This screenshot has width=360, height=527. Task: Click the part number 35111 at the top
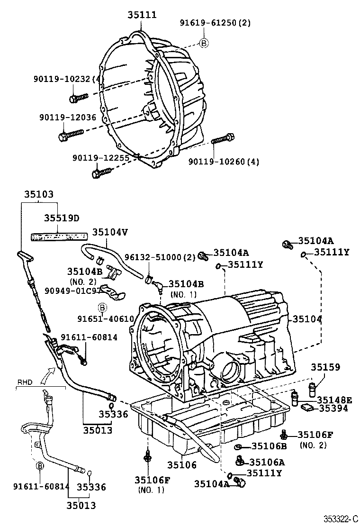pyautogui.click(x=142, y=15)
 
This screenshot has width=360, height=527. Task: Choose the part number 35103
pyautogui.click(x=39, y=194)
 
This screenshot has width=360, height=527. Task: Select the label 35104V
pyautogui.click(x=110, y=232)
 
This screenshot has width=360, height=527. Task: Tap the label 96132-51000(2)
pyautogui.click(x=160, y=257)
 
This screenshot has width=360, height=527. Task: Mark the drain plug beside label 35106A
pyautogui.click(x=241, y=460)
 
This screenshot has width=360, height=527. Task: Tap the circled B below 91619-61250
pyautogui.click(x=204, y=43)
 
